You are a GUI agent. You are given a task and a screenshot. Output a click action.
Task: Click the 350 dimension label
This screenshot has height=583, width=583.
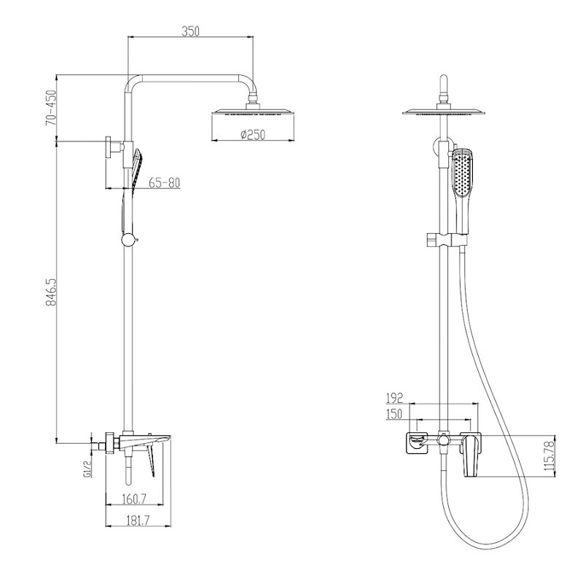click(190, 31)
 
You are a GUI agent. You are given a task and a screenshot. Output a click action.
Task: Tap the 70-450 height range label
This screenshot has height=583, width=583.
click(51, 108)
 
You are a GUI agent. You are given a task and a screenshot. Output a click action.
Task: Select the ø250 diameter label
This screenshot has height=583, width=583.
click(253, 134)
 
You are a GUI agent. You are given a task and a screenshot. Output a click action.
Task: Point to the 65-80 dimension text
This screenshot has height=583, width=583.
click(165, 183)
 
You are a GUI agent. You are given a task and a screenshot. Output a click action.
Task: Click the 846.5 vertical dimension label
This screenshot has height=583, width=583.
click(50, 291)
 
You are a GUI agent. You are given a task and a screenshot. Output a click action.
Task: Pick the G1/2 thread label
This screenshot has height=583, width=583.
click(88, 469)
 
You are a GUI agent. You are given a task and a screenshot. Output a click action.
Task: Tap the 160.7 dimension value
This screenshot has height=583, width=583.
click(135, 498)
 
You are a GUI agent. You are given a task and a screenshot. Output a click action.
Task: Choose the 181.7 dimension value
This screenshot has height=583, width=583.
click(137, 520)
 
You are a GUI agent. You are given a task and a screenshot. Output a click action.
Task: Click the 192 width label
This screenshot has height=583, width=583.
click(394, 398)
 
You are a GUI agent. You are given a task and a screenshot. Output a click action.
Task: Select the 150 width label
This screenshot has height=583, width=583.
click(394, 414)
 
